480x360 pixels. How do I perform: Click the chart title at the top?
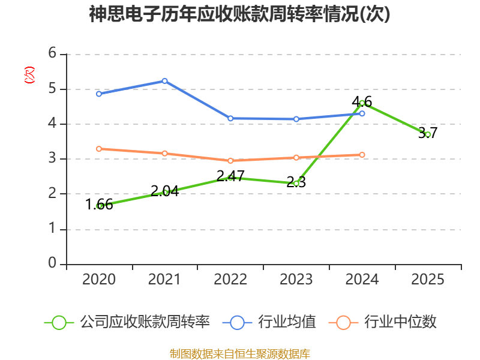(x=239, y=14)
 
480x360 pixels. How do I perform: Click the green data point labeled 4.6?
(x=362, y=103)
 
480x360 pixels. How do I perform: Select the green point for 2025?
(x=428, y=134)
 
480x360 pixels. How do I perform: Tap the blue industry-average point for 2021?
(x=164, y=80)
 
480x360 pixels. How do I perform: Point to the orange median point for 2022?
(x=230, y=161)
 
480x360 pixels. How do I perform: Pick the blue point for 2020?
(x=99, y=94)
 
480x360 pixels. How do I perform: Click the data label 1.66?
(x=99, y=204)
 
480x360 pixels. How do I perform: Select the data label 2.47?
(x=230, y=176)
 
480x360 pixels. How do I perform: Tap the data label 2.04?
(x=164, y=191)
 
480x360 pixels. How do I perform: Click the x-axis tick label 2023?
(x=296, y=279)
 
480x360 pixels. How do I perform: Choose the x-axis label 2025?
(x=428, y=279)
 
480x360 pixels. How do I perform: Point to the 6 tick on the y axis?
(x=52, y=53)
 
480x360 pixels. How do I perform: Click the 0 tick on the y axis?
(x=52, y=263)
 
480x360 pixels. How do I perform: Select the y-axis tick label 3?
(x=52, y=158)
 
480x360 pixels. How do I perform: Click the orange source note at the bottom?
(x=239, y=353)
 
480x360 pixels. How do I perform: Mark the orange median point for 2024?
(x=362, y=155)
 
